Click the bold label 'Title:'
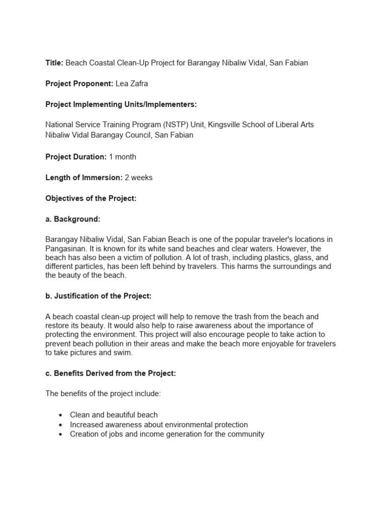tap(54, 63)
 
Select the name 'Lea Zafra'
tap(132, 83)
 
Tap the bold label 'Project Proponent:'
tap(79, 83)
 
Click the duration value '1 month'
tap(122, 157)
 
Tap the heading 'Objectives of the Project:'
tap(91, 198)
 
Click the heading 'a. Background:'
tap(72, 219)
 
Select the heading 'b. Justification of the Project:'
tap(99, 296)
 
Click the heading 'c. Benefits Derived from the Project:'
tap(111, 373)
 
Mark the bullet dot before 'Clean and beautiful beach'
tap(60, 415)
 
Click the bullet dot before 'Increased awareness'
tap(60, 425)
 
